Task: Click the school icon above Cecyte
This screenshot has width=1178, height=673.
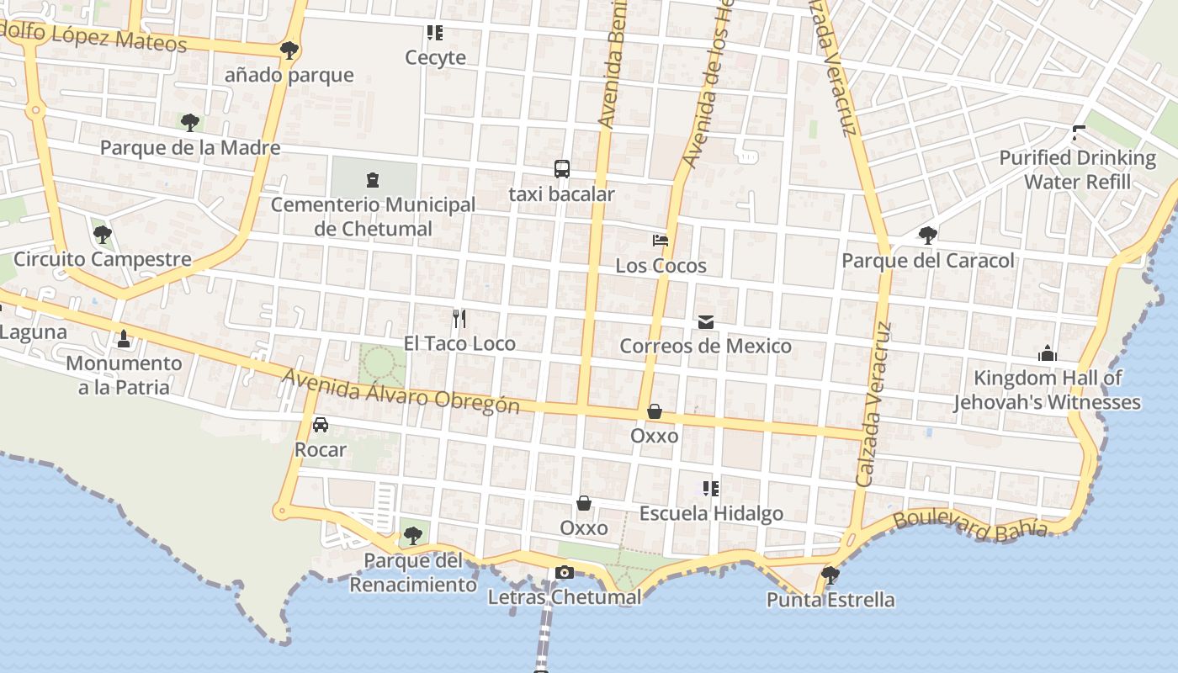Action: coord(434,34)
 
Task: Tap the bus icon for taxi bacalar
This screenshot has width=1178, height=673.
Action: coord(562,169)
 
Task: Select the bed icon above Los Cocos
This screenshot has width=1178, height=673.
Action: coord(661,241)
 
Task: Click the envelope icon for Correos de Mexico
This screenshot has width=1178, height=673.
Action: coord(705,322)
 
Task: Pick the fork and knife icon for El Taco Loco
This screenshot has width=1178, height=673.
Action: coord(459,319)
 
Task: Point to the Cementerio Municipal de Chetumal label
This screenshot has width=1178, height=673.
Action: coord(373,216)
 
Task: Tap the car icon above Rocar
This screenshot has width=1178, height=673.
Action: coord(321,425)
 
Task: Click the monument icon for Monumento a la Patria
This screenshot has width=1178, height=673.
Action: coord(125,339)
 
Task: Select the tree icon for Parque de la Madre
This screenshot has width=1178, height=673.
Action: coord(190,123)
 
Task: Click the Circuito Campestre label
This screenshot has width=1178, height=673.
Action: coord(103,259)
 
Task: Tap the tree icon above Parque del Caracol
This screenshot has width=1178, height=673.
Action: coord(928,236)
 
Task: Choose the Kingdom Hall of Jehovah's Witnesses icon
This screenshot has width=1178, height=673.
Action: coord(1047,353)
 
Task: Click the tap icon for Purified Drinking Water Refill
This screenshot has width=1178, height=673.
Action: coord(1078,133)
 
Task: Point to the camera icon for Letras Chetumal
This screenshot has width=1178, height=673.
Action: coord(565,573)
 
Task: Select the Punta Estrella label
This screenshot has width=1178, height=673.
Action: coord(830,600)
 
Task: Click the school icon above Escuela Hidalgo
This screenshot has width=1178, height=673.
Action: coord(711,489)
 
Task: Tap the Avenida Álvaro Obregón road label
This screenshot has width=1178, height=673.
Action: coord(401,392)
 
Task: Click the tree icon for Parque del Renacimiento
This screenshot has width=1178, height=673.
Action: coord(412,535)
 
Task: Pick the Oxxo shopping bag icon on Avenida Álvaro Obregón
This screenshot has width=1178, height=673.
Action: coord(655,411)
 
